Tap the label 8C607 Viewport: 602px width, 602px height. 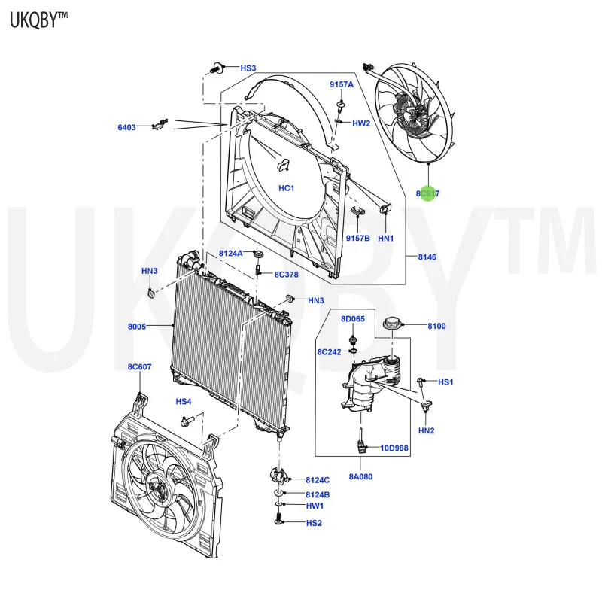(x=138, y=366)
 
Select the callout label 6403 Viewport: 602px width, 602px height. (x=126, y=127)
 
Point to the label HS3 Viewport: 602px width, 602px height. (x=248, y=68)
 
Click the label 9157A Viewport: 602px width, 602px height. (x=341, y=84)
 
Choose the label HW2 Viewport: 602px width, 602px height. (x=361, y=123)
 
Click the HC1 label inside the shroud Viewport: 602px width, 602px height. (x=287, y=188)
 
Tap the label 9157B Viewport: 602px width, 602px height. (x=358, y=238)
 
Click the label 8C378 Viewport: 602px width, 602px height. (x=286, y=275)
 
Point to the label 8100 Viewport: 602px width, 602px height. (x=436, y=326)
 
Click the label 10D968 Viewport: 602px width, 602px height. (x=394, y=448)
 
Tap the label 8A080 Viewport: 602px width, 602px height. (x=360, y=476)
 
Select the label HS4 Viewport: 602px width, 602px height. (x=184, y=401)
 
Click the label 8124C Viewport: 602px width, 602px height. (x=318, y=479)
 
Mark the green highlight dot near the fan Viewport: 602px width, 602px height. (x=428, y=194)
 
